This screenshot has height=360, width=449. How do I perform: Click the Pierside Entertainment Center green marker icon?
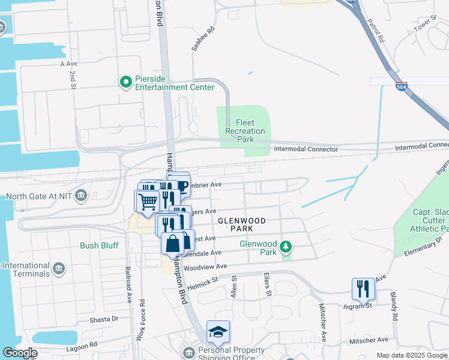[x=125, y=82]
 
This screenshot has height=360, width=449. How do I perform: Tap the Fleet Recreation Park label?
[x=245, y=131]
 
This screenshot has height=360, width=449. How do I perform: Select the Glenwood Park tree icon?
[x=287, y=246]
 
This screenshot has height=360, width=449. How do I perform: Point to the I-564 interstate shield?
[x=402, y=86]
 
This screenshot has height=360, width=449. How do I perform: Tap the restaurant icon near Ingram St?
[x=363, y=289]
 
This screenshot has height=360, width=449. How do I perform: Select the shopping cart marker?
[x=147, y=201]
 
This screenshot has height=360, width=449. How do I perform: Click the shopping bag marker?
[x=172, y=244]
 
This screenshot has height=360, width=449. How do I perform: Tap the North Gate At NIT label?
[x=40, y=196]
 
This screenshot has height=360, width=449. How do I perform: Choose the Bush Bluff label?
[x=100, y=245]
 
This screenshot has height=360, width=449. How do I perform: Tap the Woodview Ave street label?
[x=205, y=266]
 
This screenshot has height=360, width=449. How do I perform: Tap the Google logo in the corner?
[x=19, y=353]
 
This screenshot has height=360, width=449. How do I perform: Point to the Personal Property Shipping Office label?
[x=231, y=354]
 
